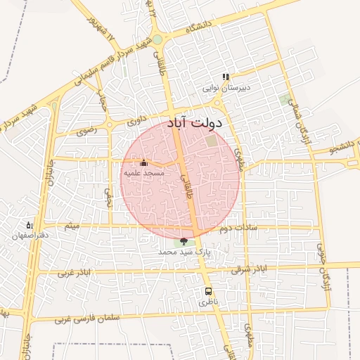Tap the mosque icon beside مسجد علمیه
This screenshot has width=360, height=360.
143,163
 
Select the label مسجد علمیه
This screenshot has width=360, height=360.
144,172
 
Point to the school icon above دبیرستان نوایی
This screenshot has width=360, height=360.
226,77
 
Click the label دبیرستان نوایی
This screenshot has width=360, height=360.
226,88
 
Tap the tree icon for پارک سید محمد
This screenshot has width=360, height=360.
184,242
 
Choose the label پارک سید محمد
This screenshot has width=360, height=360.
184,252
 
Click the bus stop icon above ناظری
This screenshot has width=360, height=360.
208,290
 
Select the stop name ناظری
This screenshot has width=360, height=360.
208,301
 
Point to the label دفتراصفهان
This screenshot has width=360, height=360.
30,236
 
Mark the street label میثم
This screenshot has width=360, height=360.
72,226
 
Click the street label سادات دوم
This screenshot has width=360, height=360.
236,228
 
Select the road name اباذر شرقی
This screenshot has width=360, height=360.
252,269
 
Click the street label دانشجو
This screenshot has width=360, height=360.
342,149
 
